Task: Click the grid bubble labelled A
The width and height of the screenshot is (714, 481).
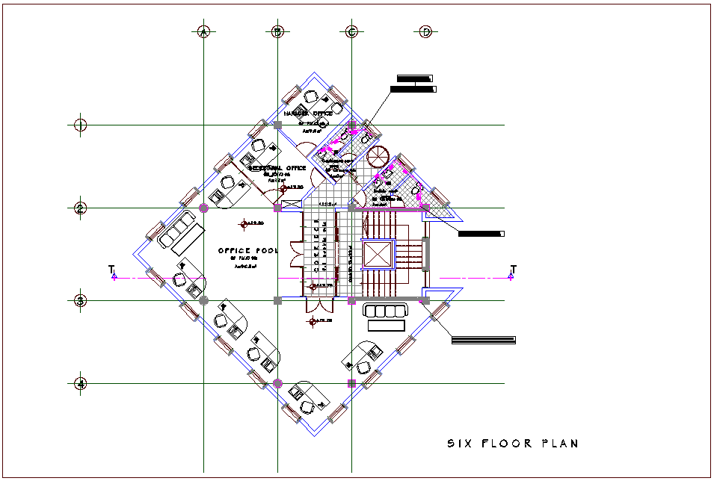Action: pyautogui.click(x=203, y=31)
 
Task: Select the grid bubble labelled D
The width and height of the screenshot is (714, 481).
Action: pyautogui.click(x=425, y=31)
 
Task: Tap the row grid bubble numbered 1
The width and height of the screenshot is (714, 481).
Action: pyautogui.click(x=81, y=125)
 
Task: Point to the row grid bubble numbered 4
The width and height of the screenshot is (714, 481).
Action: pyautogui.click(x=81, y=384)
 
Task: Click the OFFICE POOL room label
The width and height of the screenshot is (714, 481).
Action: pyautogui.click(x=247, y=251)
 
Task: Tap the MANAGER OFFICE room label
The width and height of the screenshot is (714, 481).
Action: pyautogui.click(x=308, y=114)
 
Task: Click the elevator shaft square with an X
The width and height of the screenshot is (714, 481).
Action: pyautogui.click(x=377, y=254)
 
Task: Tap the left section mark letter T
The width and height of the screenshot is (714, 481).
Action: pyautogui.click(x=111, y=268)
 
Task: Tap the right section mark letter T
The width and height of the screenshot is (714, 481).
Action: pyautogui.click(x=513, y=268)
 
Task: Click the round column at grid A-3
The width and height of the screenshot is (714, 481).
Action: pyautogui.click(x=203, y=300)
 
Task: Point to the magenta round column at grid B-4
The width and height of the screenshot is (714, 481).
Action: pyautogui.click(x=277, y=383)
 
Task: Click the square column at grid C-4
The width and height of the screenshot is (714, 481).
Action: pyautogui.click(x=351, y=383)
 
